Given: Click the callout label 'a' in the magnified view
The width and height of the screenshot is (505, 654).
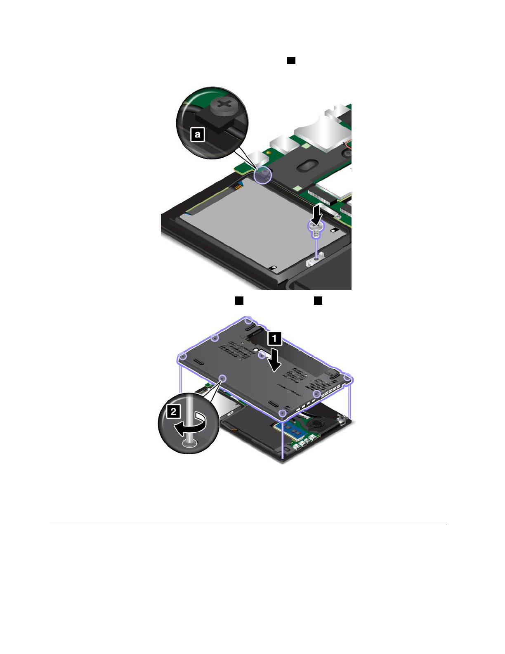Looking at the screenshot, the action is [x=198, y=134].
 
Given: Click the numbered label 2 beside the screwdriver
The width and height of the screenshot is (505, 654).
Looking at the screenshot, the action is [x=174, y=411].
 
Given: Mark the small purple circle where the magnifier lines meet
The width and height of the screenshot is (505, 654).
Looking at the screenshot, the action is [x=262, y=175].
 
